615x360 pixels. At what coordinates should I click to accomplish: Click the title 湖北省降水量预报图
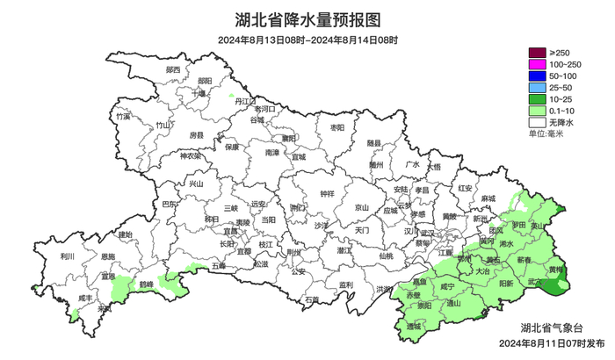(x=307, y=18)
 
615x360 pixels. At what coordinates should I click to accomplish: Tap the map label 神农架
(x=191, y=156)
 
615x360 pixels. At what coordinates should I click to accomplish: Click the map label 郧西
(x=172, y=69)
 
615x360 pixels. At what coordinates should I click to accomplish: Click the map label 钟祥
(x=327, y=193)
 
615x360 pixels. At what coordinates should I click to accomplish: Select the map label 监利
(x=345, y=284)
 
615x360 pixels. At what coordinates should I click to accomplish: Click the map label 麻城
(x=488, y=200)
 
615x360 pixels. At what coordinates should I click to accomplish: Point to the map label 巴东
(x=170, y=204)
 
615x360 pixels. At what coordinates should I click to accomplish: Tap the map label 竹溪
(x=123, y=116)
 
